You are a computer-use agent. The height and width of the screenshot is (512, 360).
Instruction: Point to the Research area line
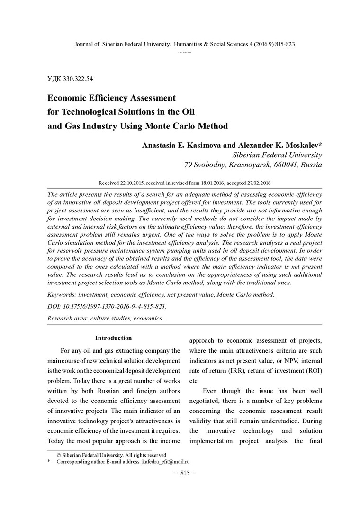(105, 319)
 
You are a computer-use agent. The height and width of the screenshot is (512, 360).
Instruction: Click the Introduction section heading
(113, 338)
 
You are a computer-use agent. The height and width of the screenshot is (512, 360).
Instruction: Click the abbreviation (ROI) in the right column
(311, 371)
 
